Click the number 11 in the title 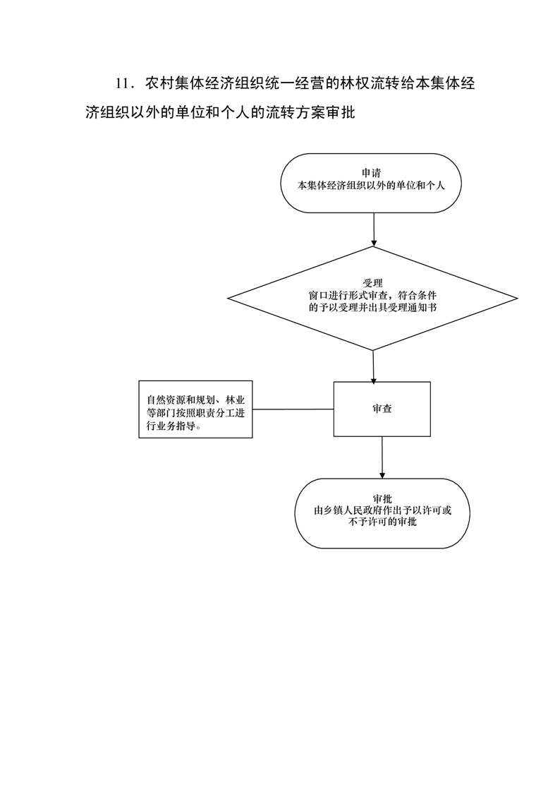pyautogui.click(x=124, y=84)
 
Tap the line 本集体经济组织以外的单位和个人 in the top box pyautogui.click(x=371, y=186)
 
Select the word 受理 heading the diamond pyautogui.click(x=373, y=283)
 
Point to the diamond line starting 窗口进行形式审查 pyautogui.click(x=373, y=295)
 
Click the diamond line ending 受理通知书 pyautogui.click(x=373, y=307)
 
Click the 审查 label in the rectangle pyautogui.click(x=382, y=409)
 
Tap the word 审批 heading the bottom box pyautogui.click(x=382, y=499)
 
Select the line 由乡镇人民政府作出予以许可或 pyautogui.click(x=382, y=510)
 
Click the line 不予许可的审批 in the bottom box pyautogui.click(x=382, y=523)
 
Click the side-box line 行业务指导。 pyautogui.click(x=173, y=426)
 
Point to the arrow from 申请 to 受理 pyautogui.click(x=373, y=229)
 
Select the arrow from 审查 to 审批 pyautogui.click(x=382, y=457)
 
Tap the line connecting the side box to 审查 pyautogui.click(x=293, y=409)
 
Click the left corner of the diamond pyautogui.click(x=229, y=299)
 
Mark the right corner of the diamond pyautogui.click(x=518, y=299)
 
